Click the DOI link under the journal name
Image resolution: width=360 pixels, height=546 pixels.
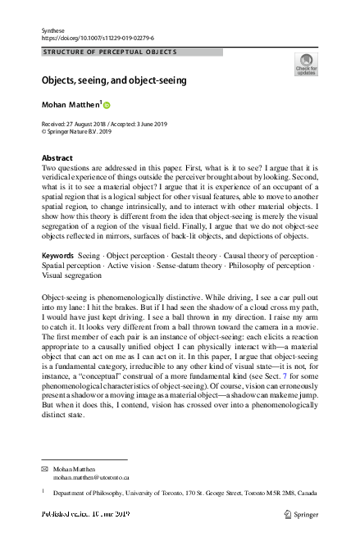click(x=97, y=38)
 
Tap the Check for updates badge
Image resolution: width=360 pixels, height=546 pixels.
click(x=305, y=64)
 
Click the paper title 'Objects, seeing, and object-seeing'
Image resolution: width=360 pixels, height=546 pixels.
click(x=115, y=80)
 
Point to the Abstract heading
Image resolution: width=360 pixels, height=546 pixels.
click(x=57, y=157)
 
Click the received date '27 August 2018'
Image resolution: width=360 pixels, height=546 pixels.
click(x=90, y=122)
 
